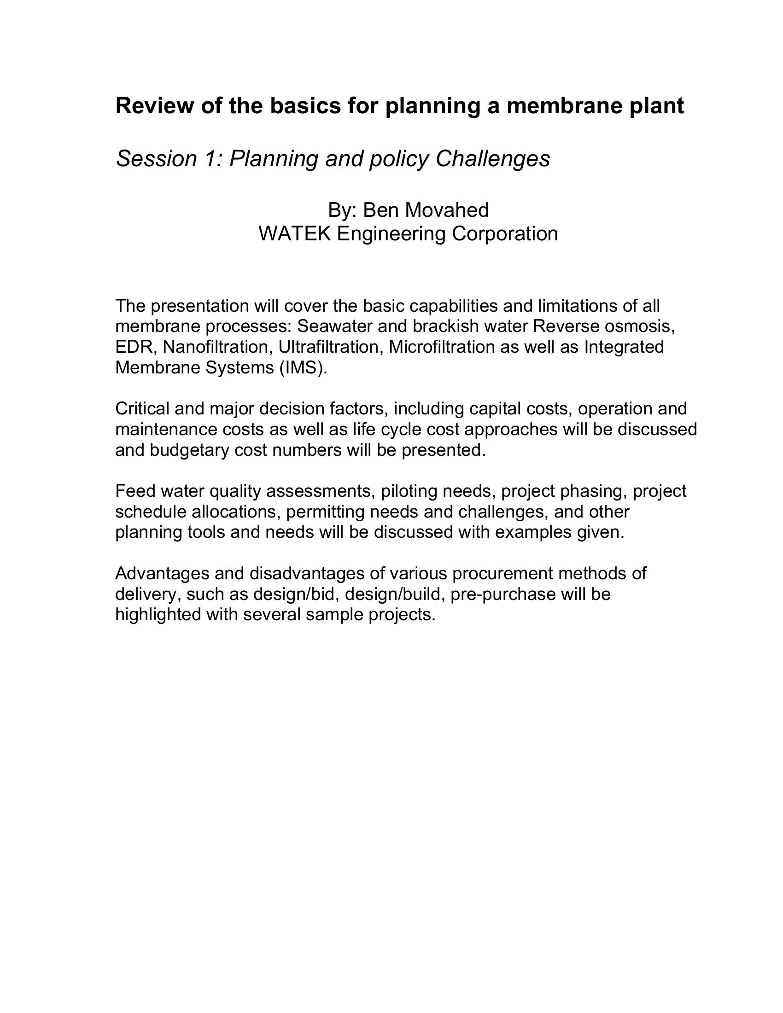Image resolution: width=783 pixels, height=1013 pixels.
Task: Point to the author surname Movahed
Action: pos(447,210)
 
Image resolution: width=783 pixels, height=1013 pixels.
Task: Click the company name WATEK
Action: pos(295,233)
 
